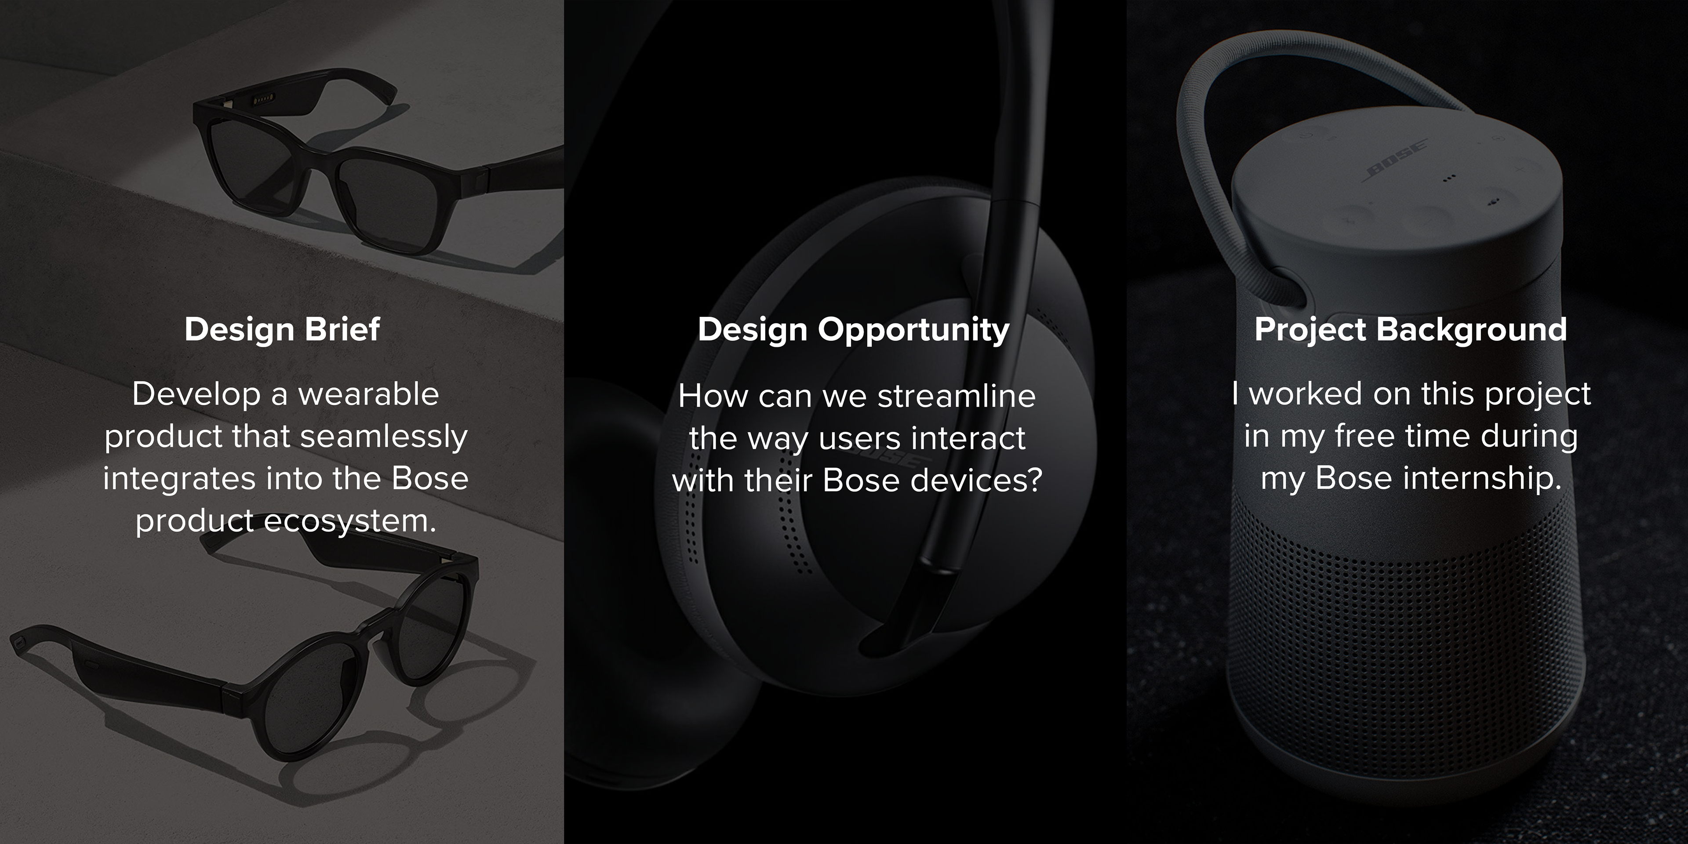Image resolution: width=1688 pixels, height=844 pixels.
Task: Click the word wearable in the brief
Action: coord(368,394)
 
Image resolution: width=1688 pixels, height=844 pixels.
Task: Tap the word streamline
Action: coord(956,396)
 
